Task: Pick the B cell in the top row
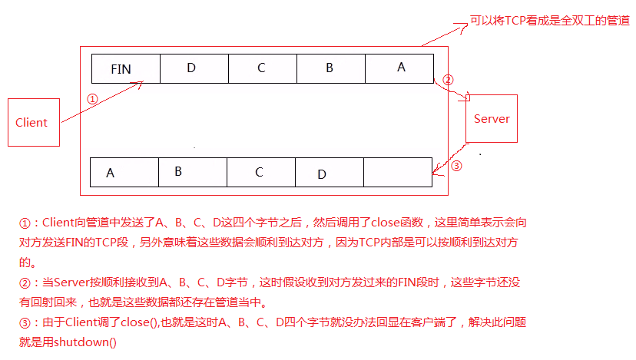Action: pos(331,68)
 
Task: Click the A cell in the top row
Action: pos(399,68)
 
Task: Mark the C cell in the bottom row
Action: pos(260,172)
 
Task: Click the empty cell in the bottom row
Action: pos(397,172)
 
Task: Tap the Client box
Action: pos(33,122)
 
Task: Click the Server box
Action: pos(492,118)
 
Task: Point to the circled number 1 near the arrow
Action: pos(92,100)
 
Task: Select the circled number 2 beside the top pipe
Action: pos(449,80)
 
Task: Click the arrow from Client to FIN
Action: pos(100,101)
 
